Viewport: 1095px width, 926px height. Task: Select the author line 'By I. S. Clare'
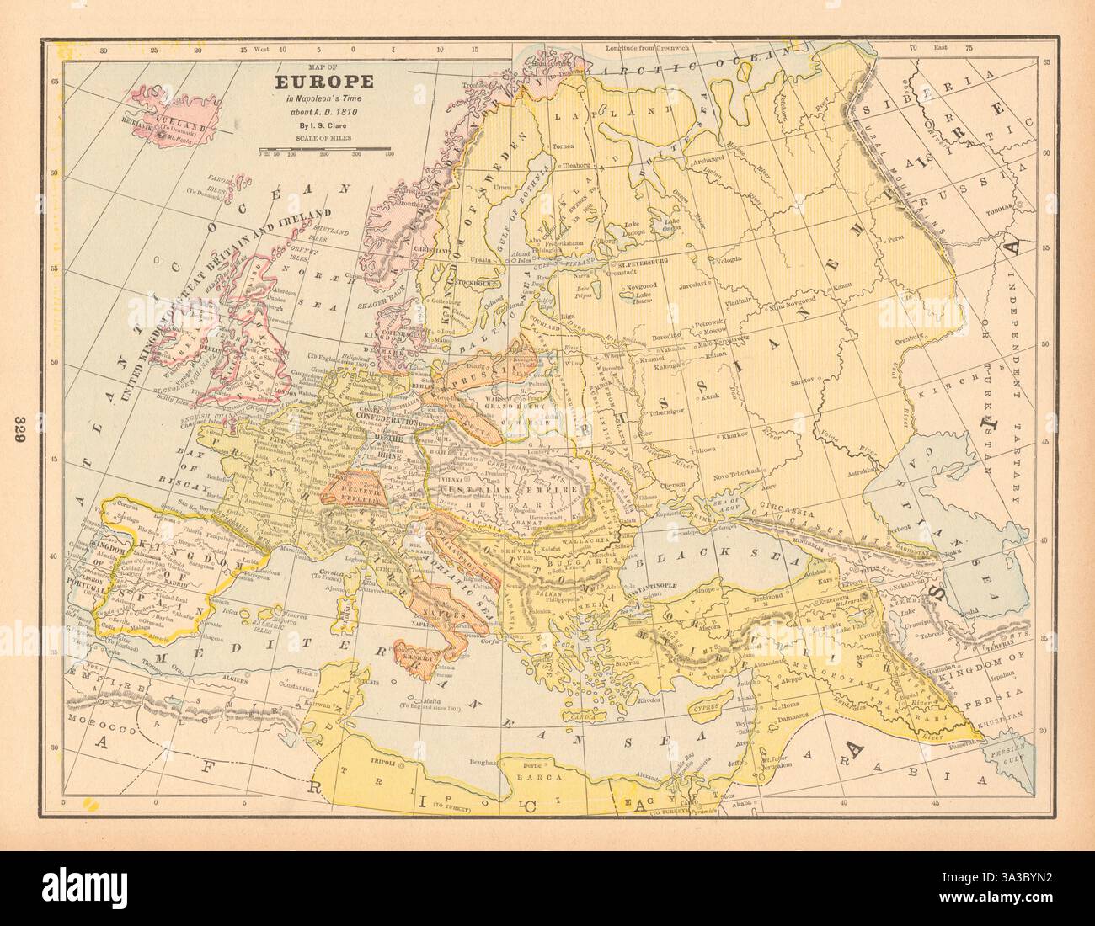(312, 125)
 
